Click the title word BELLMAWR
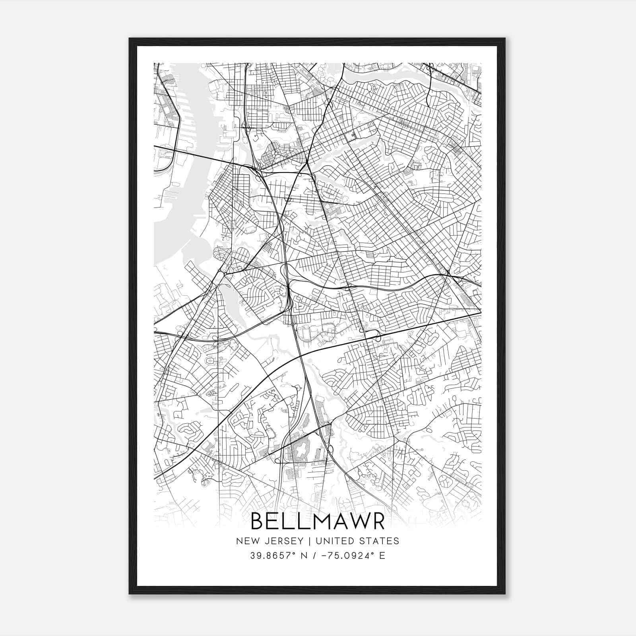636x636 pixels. [318, 522]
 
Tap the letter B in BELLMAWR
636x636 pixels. [258, 522]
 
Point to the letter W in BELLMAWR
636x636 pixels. [357, 522]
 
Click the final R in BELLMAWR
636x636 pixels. [378, 522]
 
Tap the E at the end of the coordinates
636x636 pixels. [382, 556]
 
